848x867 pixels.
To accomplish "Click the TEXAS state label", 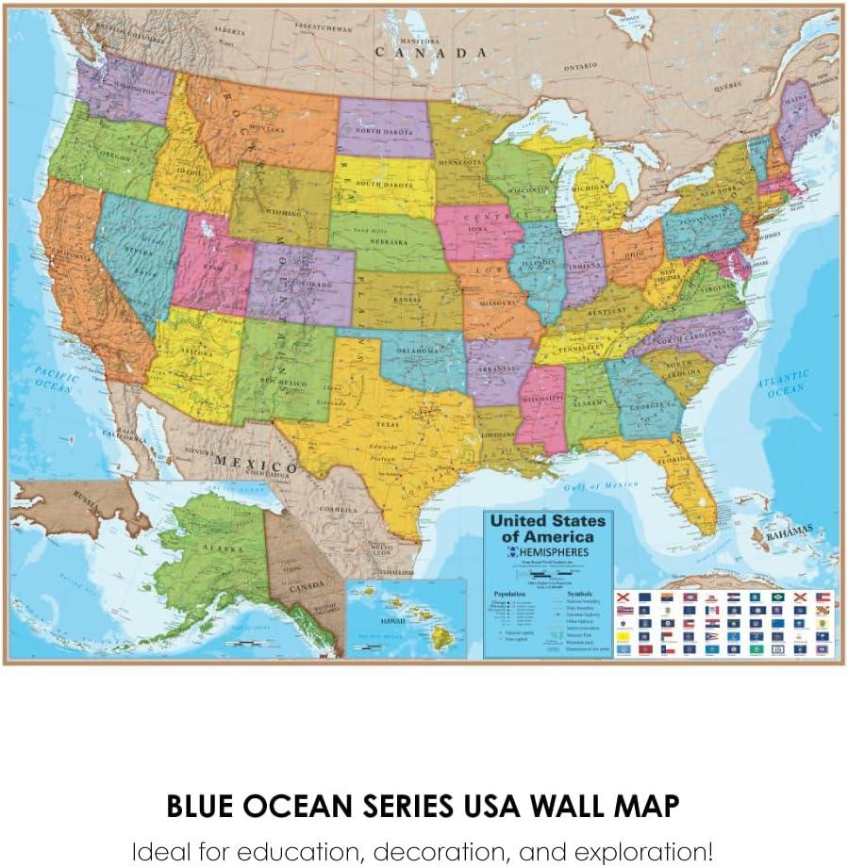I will [x=390, y=425].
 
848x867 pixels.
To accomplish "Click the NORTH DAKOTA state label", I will [x=383, y=131].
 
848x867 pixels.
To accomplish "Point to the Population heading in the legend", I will [x=510, y=596].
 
